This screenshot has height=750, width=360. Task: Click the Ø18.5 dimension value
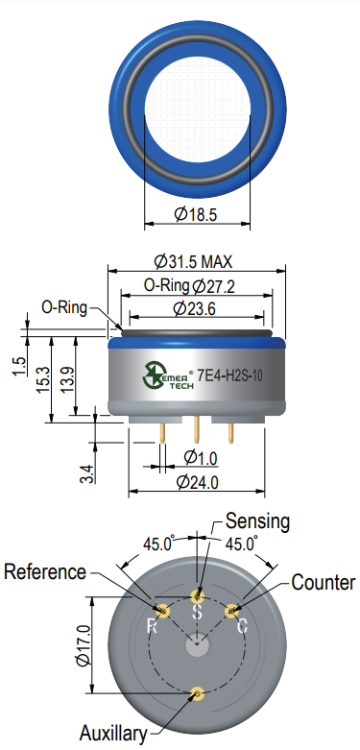point(196,214)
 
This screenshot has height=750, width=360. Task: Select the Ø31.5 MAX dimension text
point(193,261)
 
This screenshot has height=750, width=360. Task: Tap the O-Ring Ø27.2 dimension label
point(189,286)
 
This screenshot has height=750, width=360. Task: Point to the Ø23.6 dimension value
point(194,309)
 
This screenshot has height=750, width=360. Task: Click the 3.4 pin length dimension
point(87,472)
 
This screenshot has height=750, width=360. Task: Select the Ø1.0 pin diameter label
point(201,458)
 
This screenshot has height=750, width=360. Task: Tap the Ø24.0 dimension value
point(198,482)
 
